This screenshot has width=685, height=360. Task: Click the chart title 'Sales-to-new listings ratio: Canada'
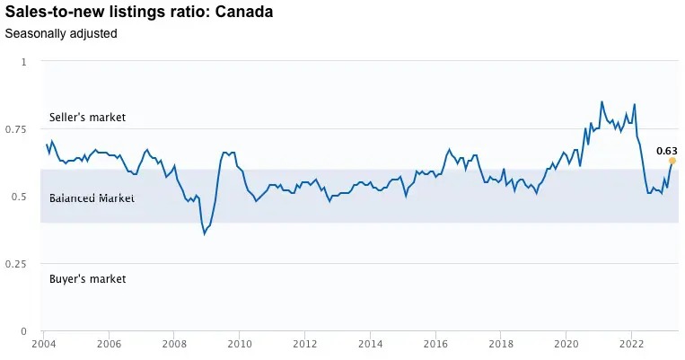(x=139, y=13)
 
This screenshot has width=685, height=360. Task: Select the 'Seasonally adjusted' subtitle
(x=61, y=34)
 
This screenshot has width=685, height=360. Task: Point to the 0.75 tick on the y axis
(x=17, y=129)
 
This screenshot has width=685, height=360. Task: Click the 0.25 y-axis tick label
(x=17, y=264)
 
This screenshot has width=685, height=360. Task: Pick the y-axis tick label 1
(x=24, y=62)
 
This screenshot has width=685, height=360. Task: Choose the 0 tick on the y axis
(x=24, y=331)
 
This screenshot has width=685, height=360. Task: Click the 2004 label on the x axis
(x=44, y=344)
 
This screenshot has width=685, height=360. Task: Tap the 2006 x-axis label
(x=109, y=344)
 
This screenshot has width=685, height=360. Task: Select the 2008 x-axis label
(x=174, y=344)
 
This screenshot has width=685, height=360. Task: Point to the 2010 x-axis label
(x=239, y=344)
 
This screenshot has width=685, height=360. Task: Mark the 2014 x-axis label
(x=370, y=344)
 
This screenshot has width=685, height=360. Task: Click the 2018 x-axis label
(x=501, y=344)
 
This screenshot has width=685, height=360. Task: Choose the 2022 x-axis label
(x=631, y=344)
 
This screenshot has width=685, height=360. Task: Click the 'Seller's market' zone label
(x=87, y=118)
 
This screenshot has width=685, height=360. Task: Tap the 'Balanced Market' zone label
(x=92, y=198)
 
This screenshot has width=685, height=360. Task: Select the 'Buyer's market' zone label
(x=87, y=279)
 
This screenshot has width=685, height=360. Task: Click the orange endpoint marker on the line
(x=672, y=161)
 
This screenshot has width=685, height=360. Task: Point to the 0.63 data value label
(x=666, y=151)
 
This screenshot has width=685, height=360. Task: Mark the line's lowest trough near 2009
(x=205, y=233)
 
